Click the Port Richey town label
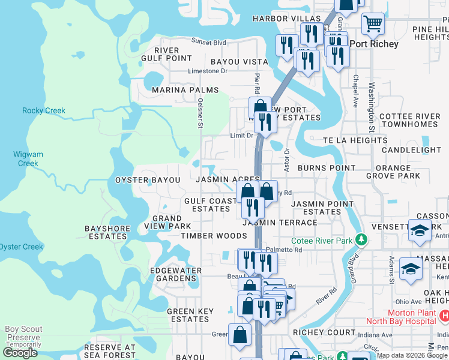point(373,44)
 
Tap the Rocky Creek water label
point(44,110)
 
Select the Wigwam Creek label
point(28,158)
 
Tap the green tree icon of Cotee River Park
point(361,240)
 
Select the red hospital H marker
point(444,315)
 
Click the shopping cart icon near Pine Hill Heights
point(373,24)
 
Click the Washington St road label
point(372,108)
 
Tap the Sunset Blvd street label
point(209,42)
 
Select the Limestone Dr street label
point(208,71)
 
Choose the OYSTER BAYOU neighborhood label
point(148,180)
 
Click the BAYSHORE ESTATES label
point(106,232)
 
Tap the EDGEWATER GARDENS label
point(176,274)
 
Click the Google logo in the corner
point(20,353)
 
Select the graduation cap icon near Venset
point(420,230)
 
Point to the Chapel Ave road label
point(356,88)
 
